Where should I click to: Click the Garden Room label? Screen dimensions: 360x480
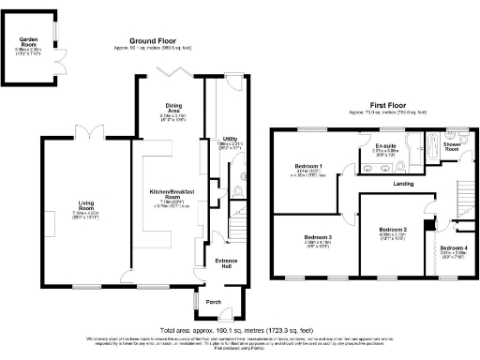(x=28, y=41)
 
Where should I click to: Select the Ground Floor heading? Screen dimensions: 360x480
(x=154, y=41)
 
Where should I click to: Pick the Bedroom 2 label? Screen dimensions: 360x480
(x=392, y=229)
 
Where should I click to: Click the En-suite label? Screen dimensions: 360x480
(x=385, y=146)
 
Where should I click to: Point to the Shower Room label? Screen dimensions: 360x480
(x=452, y=148)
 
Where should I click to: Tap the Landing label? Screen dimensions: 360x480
(x=403, y=183)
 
